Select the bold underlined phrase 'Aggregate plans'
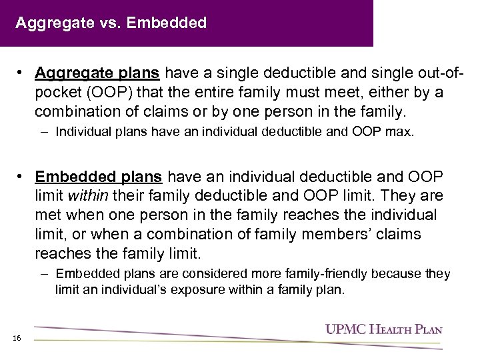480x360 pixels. pos(98,72)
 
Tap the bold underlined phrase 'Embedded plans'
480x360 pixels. pos(98,177)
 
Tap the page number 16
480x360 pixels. pos(17,338)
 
